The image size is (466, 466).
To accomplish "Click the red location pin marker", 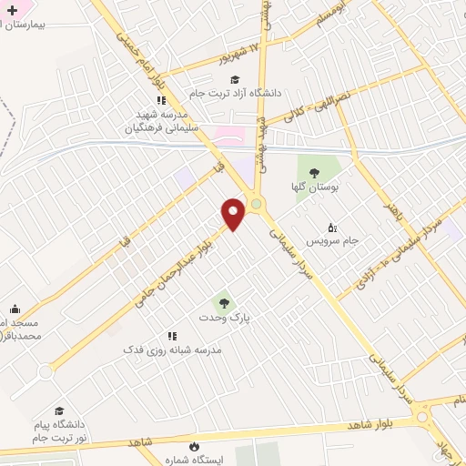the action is [234, 213].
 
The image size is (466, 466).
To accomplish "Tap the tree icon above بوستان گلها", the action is [314, 172].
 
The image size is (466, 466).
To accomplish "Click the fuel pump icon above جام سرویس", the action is [331, 228].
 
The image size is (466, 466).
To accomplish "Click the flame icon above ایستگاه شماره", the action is [193, 445].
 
